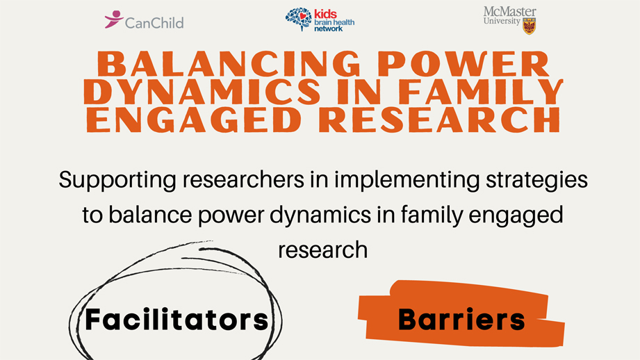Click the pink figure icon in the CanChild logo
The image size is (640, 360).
click(113, 19)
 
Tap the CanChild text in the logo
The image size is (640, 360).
click(154, 23)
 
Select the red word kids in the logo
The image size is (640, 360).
click(325, 14)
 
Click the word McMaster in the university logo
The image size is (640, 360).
click(509, 12)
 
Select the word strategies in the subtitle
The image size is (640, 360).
click(540, 180)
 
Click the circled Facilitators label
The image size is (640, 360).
click(176, 320)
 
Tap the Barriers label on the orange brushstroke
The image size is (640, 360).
click(461, 319)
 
